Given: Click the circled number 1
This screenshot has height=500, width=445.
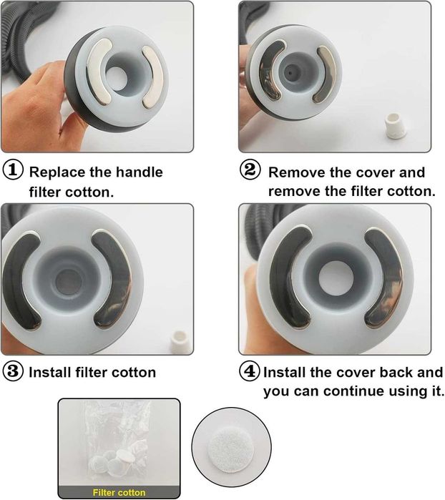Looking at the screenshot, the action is [x=13, y=170].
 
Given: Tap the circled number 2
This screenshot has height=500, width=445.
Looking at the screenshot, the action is [x=250, y=170].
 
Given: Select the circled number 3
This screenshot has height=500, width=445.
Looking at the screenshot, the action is [x=13, y=371].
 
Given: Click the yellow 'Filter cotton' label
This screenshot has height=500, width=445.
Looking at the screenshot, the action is [x=119, y=492].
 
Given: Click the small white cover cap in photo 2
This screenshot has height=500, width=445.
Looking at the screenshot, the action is [x=395, y=126].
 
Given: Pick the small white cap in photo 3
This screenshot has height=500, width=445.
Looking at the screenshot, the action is [x=180, y=342].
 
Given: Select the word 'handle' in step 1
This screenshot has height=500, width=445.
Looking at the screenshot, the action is [x=139, y=172].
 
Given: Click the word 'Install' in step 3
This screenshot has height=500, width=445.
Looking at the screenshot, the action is [x=50, y=372].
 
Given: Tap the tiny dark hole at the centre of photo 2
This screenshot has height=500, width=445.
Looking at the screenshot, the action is [x=290, y=72].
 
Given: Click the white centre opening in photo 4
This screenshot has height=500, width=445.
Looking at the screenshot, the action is [x=335, y=278].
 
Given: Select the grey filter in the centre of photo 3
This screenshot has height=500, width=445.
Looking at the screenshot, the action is [x=69, y=282].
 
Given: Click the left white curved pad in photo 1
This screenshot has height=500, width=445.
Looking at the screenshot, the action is [x=99, y=72].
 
